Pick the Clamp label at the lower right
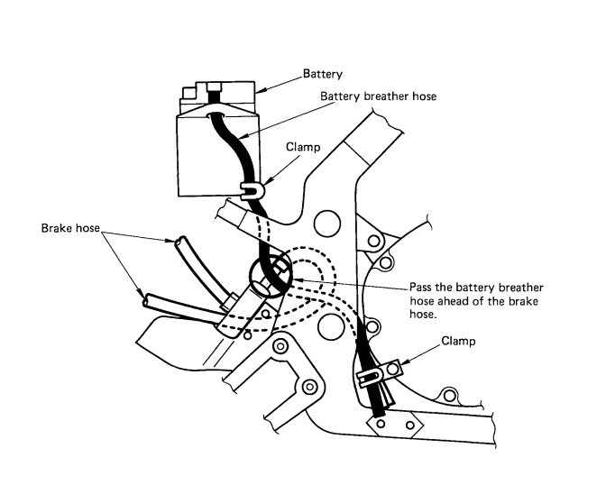(462, 342)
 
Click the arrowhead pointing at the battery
(260, 93)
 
